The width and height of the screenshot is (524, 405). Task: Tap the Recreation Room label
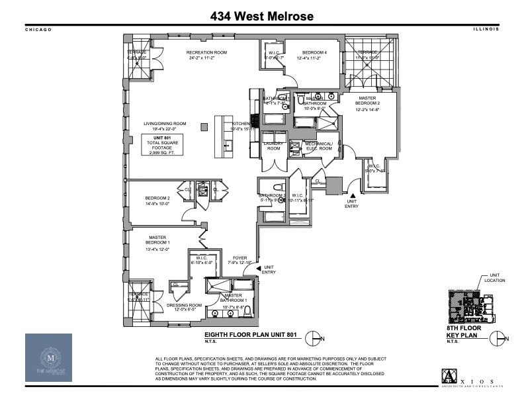click(x=206, y=52)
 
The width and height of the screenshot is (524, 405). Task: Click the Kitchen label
click(x=239, y=125)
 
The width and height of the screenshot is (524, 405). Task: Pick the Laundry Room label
click(x=273, y=146)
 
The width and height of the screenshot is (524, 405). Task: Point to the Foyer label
click(x=239, y=259)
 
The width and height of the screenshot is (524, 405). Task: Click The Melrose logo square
click(x=54, y=358)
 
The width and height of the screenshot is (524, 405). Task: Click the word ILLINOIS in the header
click(x=486, y=30)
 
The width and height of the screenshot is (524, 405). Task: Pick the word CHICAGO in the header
click(x=38, y=30)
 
